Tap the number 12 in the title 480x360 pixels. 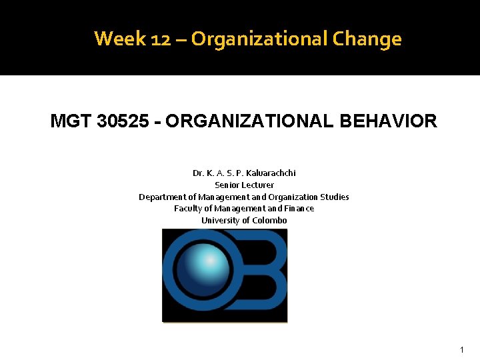click(x=160, y=39)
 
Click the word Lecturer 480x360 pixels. click(x=257, y=185)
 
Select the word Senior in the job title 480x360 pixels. click(x=227, y=185)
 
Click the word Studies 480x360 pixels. click(x=335, y=197)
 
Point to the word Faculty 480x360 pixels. click(x=188, y=209)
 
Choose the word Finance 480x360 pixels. click(x=298, y=209)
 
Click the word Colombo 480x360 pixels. click(x=270, y=221)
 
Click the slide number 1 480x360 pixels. click(x=461, y=350)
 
